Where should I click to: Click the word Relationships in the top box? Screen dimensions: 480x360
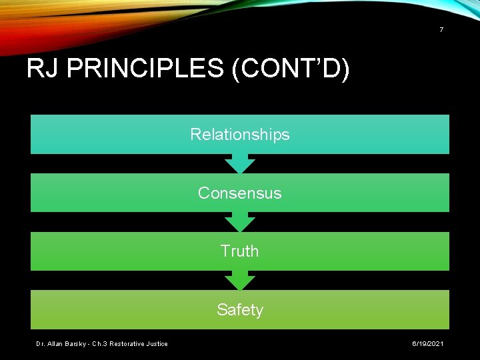pos(240,135)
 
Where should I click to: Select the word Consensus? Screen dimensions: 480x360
pos(240,193)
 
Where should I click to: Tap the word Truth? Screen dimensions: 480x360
pos(240,251)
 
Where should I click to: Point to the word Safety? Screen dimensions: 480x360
pos(240,310)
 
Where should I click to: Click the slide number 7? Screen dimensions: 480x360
pos(441,30)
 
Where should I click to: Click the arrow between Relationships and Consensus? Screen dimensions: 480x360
pos(240,163)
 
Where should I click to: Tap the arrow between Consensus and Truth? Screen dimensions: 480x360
pos(240,222)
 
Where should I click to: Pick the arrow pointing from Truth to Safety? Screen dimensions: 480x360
pos(240,280)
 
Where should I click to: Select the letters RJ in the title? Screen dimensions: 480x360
pos(41,69)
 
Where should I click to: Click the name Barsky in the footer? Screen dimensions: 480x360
pos(77,344)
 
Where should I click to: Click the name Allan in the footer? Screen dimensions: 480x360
pos(55,344)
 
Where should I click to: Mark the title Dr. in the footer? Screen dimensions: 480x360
pos(40,344)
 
